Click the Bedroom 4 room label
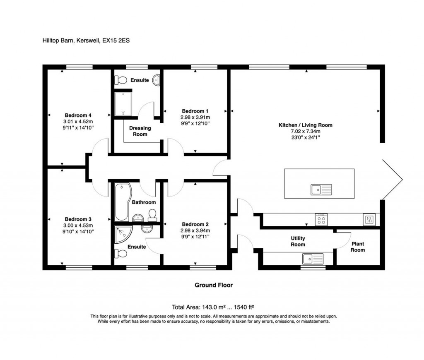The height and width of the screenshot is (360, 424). click(78, 115)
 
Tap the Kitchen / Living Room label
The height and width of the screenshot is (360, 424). click(306, 125)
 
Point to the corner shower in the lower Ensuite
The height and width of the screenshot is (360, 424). click(123, 235)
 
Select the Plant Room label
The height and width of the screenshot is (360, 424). click(358, 247)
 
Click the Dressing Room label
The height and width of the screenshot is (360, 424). click(140, 131)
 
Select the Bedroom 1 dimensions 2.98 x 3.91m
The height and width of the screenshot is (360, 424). click(195, 117)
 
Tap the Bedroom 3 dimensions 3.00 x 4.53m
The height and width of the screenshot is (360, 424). click(78, 226)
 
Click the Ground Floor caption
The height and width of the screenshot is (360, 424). click(214, 285)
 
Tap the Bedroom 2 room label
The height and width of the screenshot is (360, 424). click(195, 225)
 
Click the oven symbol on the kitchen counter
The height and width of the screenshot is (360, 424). click(369, 219)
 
